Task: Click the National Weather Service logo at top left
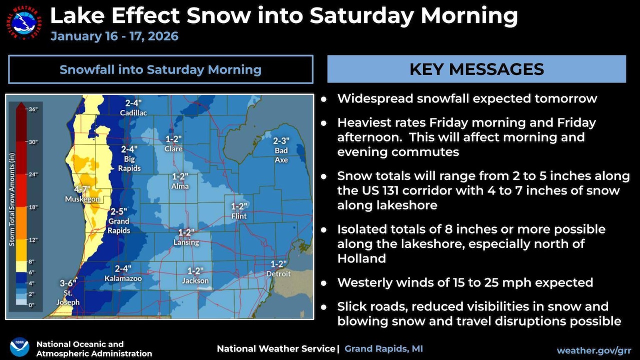[24, 22]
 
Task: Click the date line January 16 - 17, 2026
[114, 36]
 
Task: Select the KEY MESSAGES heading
[476, 69]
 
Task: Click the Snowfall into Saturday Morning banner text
[160, 69]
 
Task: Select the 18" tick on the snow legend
[32, 207]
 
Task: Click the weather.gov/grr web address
[593, 350]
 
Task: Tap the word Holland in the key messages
[361, 258]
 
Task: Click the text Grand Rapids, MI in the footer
[383, 348]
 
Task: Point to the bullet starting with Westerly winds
[465, 282]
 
